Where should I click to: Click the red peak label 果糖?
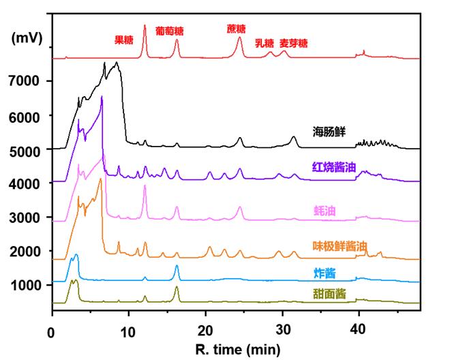(x=124, y=40)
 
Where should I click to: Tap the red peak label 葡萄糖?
(x=170, y=31)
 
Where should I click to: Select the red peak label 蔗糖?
(x=237, y=29)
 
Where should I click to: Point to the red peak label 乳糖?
(x=264, y=43)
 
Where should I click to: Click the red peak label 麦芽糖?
(x=294, y=43)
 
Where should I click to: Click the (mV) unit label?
(x=27, y=39)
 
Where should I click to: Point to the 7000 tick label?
(x=25, y=82)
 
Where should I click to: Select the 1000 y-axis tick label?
(x=25, y=285)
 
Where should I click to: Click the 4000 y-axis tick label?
(x=25, y=183)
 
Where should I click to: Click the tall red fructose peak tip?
(x=145, y=26)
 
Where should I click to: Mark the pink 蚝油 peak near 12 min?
(x=145, y=187)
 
